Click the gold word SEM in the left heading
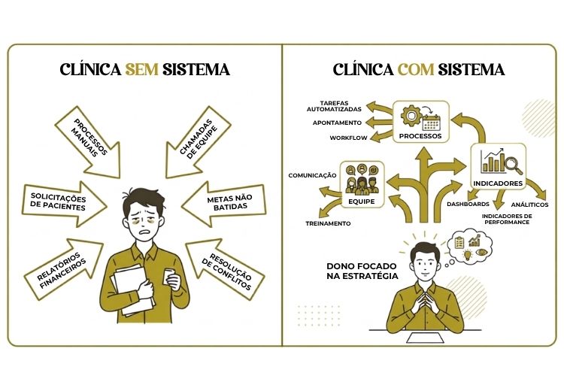pyautogui.click(x=141, y=69)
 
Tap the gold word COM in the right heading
pyautogui.click(x=416, y=69)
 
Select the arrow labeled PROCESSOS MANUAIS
pyautogui.click(x=89, y=141)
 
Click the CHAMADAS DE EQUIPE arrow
pyautogui.click(x=199, y=141)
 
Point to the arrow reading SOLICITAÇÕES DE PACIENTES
pyautogui.click(x=64, y=204)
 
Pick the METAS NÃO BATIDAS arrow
pyautogui.click(x=224, y=204)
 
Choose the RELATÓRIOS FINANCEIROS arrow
pyautogui.click(x=63, y=268)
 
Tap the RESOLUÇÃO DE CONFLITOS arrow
pyautogui.click(x=225, y=269)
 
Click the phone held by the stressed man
pyautogui.click(x=169, y=276)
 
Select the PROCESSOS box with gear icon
pyautogui.click(x=421, y=122)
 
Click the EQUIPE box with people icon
pyautogui.click(x=362, y=183)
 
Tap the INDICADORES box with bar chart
pyautogui.click(x=498, y=166)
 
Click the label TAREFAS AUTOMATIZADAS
pyautogui.click(x=334, y=106)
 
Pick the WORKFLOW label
pyautogui.click(x=348, y=138)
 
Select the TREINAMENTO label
pyautogui.click(x=328, y=223)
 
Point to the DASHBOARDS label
pyautogui.click(x=468, y=204)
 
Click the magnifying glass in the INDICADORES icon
pyautogui.click(x=514, y=164)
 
